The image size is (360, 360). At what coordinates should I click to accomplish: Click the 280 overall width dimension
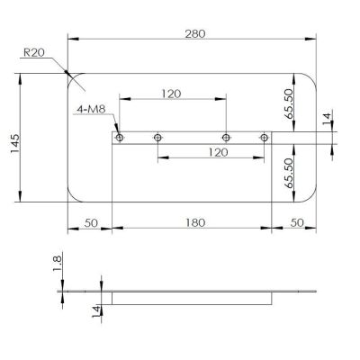pos(195,33)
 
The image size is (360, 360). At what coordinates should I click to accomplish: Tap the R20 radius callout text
pos(34,53)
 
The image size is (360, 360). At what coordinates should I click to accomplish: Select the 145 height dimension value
pos(15,143)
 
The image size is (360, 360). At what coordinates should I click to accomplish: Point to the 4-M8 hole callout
pos(91,109)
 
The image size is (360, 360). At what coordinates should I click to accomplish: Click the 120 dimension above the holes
pos(171,94)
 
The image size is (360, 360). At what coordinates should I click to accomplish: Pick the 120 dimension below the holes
pos(218,152)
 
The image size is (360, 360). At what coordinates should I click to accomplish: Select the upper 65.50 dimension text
pos(289,103)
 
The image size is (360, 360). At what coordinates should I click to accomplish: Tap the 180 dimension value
pos(195,222)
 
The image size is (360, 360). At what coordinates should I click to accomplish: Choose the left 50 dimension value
pos(91,223)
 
